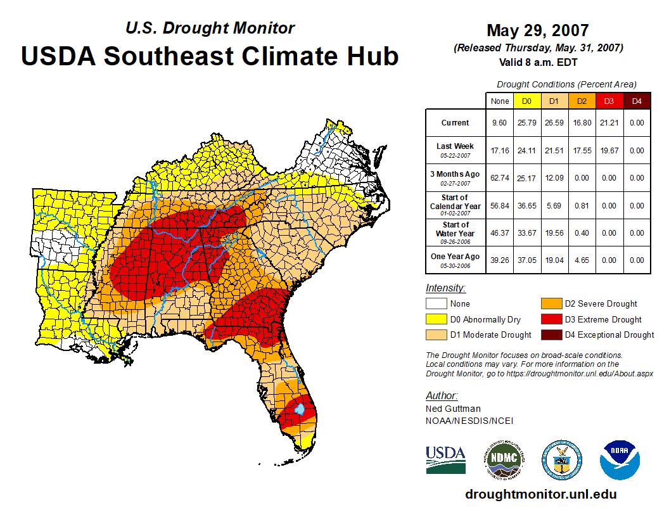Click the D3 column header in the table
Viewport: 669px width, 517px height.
[x=608, y=101]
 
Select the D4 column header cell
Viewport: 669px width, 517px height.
[x=637, y=101]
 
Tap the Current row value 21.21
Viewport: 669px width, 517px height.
[x=608, y=123]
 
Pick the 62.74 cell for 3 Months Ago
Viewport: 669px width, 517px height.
[x=500, y=178]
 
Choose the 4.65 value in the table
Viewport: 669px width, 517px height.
[x=580, y=260]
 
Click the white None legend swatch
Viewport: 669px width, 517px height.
[x=436, y=304]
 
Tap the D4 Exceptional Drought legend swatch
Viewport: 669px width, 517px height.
[x=551, y=335]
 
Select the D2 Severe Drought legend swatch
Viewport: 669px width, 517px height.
[x=551, y=304]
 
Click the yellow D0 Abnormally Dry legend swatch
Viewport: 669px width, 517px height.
[x=436, y=319]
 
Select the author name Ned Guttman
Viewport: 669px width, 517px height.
[x=453, y=409]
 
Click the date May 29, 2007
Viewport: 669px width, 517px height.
[x=537, y=30]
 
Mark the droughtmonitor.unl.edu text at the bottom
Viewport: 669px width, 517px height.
[x=540, y=494]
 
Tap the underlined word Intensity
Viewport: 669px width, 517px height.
[x=445, y=288]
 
